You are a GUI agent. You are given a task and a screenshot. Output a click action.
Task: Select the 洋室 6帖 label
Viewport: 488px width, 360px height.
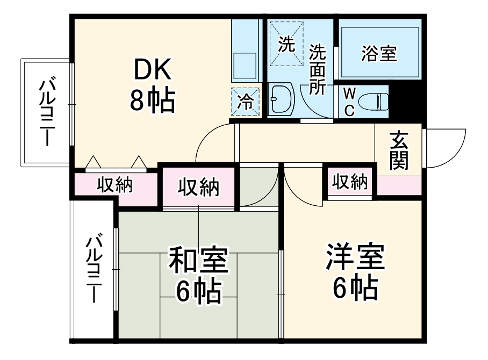(354, 273)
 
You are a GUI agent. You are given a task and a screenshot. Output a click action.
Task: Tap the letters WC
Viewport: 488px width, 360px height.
(349, 102)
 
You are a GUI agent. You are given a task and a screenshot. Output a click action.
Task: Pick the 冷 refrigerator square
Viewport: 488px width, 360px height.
(245, 102)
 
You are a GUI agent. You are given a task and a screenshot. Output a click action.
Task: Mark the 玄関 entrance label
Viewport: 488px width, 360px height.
(399, 150)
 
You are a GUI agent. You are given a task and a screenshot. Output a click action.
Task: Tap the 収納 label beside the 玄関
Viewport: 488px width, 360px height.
(349, 183)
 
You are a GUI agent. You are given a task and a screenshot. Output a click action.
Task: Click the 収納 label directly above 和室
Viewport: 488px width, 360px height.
(198, 188)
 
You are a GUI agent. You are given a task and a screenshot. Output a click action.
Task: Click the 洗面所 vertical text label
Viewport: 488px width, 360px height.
(318, 70)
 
